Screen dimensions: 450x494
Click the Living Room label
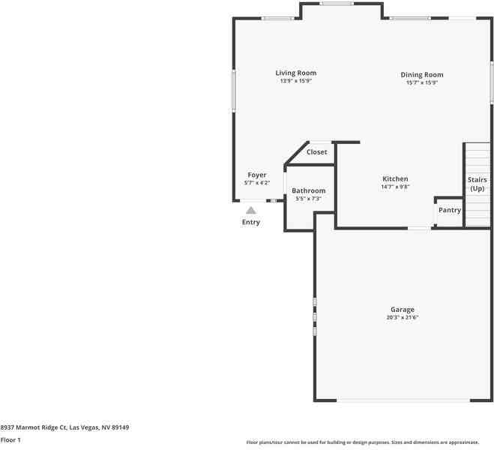point(295,73)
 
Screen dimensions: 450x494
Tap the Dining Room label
point(421,75)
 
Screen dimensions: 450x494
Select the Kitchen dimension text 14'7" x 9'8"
point(395,187)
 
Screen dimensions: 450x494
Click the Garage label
point(402,310)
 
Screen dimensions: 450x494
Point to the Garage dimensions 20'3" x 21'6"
point(402,317)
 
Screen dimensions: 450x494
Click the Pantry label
point(450,211)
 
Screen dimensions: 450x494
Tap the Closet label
point(316,152)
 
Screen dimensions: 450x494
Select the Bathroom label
point(308,191)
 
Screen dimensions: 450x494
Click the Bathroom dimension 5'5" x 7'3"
point(308,199)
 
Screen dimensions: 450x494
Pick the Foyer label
point(257,175)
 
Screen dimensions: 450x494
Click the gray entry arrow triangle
point(251,211)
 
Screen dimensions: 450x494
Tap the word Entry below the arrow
point(251,223)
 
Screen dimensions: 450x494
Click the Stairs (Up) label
point(478,184)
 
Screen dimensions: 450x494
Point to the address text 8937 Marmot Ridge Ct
point(64,427)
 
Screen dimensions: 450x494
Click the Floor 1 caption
point(10,440)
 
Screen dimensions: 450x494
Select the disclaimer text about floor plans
point(362,442)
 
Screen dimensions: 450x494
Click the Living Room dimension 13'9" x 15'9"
point(295,81)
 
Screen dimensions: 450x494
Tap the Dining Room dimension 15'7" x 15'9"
point(421,82)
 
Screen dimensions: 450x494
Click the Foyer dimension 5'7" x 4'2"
point(257,183)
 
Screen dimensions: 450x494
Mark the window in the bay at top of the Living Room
point(337,4)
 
